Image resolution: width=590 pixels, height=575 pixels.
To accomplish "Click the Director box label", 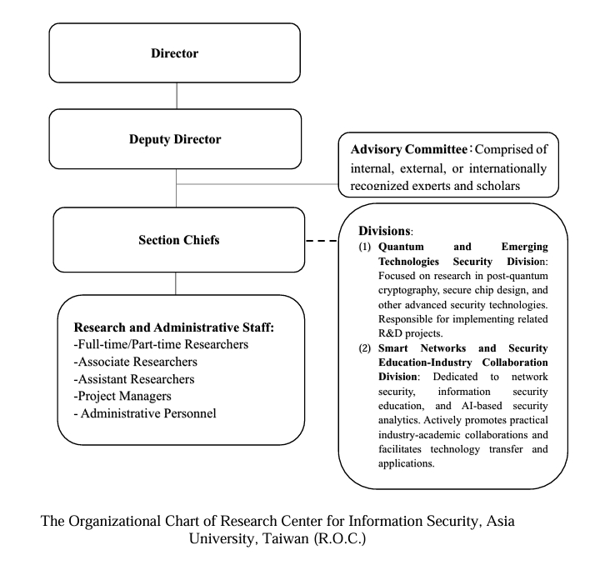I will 176,53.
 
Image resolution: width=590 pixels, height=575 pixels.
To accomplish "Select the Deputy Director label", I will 176,139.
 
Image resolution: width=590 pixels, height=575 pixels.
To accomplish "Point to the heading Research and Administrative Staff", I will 174,327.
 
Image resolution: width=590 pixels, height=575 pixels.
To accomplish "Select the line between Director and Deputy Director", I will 176,96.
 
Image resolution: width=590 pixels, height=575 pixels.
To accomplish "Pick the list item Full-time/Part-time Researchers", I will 161,344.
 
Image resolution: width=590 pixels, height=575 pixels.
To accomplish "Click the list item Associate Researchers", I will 138,362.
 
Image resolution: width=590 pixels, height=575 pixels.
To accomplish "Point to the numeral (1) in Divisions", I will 365,247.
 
